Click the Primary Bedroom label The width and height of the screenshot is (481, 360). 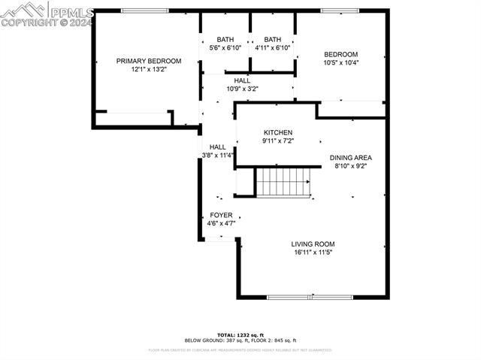(x=148, y=61)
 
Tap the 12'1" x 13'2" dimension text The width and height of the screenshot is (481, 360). (x=148, y=69)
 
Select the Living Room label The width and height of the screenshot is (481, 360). (x=313, y=244)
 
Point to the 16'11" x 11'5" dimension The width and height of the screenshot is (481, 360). (x=313, y=253)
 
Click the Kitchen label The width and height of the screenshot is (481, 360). (x=277, y=132)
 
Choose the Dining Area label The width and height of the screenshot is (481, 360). (x=351, y=158)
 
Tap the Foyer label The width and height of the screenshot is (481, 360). (x=221, y=215)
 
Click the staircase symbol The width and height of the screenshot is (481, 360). (x=283, y=182)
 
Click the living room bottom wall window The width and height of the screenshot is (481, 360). (x=310, y=297)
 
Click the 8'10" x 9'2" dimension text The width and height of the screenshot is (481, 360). (x=351, y=167)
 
